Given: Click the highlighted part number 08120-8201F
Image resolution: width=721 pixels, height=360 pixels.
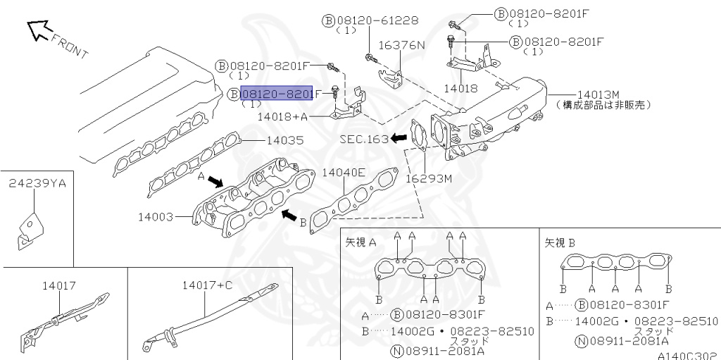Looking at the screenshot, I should click(277, 94).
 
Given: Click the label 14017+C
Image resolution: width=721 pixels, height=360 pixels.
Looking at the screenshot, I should click(206, 285).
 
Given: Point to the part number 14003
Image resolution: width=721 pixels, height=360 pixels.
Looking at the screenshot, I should click(156, 218).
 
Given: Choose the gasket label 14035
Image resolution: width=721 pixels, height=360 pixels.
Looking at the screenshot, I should click(285, 140).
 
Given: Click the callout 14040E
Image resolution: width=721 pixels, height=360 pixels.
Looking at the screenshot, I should click(344, 172).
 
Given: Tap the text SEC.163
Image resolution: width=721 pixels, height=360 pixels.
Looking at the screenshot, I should click(364, 139).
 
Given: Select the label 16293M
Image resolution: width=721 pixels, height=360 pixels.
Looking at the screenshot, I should click(428, 178).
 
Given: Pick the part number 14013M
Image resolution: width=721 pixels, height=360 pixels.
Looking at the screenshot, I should click(598, 94).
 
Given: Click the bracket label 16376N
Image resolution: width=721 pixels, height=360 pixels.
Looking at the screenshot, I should click(402, 45).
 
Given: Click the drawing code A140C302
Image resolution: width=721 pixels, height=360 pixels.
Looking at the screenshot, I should click(687, 356).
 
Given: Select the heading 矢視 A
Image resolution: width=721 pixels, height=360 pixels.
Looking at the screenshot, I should click(361, 242).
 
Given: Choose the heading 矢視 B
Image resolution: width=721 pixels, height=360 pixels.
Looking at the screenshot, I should click(560, 242).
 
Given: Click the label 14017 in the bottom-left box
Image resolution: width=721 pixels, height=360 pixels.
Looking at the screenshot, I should click(58, 285).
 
